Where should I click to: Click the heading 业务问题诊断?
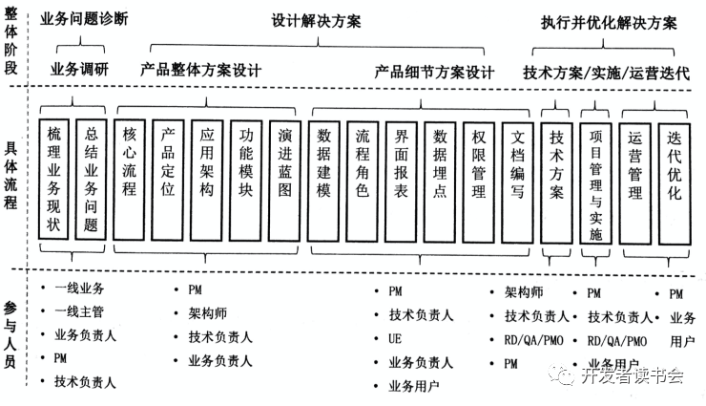pos(84,19)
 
